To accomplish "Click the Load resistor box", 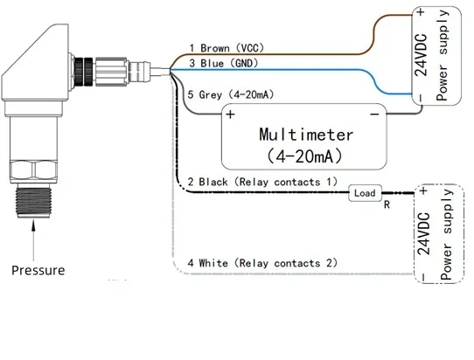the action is point(366,193).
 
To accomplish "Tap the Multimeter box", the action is point(304,136).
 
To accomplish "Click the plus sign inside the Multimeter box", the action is point(230,114).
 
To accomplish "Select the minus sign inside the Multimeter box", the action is point(374,114).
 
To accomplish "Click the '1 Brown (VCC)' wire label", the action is point(227,48).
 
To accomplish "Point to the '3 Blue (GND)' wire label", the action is point(224,64).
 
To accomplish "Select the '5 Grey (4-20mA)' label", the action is point(231,94).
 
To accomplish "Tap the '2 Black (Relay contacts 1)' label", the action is point(262,182).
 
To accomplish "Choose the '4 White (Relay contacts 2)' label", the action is point(262,263).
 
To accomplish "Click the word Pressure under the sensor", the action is point(38,270).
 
